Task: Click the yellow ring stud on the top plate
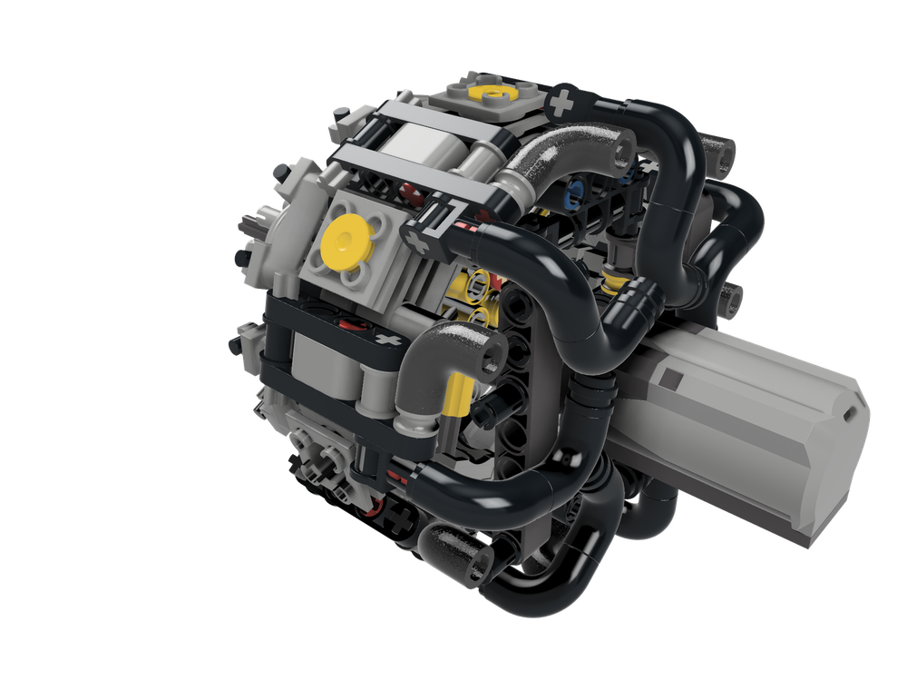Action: [495, 92]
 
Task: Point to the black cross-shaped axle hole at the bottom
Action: [399, 520]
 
